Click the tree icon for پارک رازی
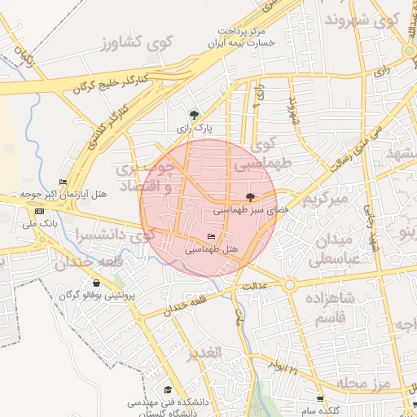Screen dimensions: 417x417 coord(194,115)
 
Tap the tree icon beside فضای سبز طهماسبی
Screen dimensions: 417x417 coord(250,197)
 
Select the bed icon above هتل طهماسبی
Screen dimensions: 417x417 coord(211,237)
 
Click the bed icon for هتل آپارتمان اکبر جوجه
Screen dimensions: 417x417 coord(63,182)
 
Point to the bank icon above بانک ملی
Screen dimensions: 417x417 coord(39,211)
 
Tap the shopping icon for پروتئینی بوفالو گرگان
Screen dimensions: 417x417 coord(96,283)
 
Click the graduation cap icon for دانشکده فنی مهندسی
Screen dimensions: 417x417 coord(168,390)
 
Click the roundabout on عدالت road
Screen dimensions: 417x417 coord(289,285)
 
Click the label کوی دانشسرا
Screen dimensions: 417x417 coord(103,235)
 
